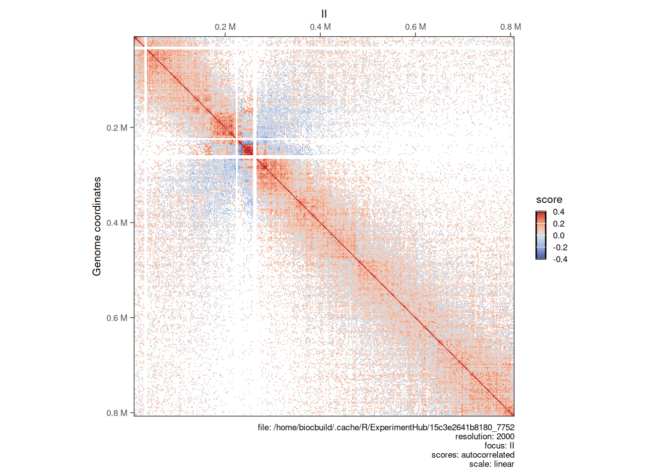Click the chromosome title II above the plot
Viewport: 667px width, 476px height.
(324, 14)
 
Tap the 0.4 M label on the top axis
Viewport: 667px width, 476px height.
(320, 27)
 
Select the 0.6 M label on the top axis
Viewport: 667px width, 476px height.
(415, 27)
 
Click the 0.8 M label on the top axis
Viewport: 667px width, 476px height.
(510, 27)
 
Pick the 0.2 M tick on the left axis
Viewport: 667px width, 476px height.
(132, 128)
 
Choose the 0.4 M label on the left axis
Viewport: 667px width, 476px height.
(117, 223)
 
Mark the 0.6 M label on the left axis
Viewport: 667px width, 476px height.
(117, 318)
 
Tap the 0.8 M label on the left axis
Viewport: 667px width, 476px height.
(117, 413)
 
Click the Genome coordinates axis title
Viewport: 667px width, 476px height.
(97, 226)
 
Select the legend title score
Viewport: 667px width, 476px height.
(549, 200)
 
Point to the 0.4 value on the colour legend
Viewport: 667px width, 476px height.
(559, 212)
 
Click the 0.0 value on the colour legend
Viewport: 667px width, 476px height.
(559, 236)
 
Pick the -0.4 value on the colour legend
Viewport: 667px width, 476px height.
(560, 259)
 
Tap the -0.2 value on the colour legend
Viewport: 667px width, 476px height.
(560, 247)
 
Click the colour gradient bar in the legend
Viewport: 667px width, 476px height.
(541, 236)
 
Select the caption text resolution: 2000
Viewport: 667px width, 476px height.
(484, 436)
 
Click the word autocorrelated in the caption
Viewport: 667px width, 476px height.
(488, 455)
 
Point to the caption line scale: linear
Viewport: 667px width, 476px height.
(491, 464)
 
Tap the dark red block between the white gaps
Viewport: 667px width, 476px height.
(247, 148)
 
